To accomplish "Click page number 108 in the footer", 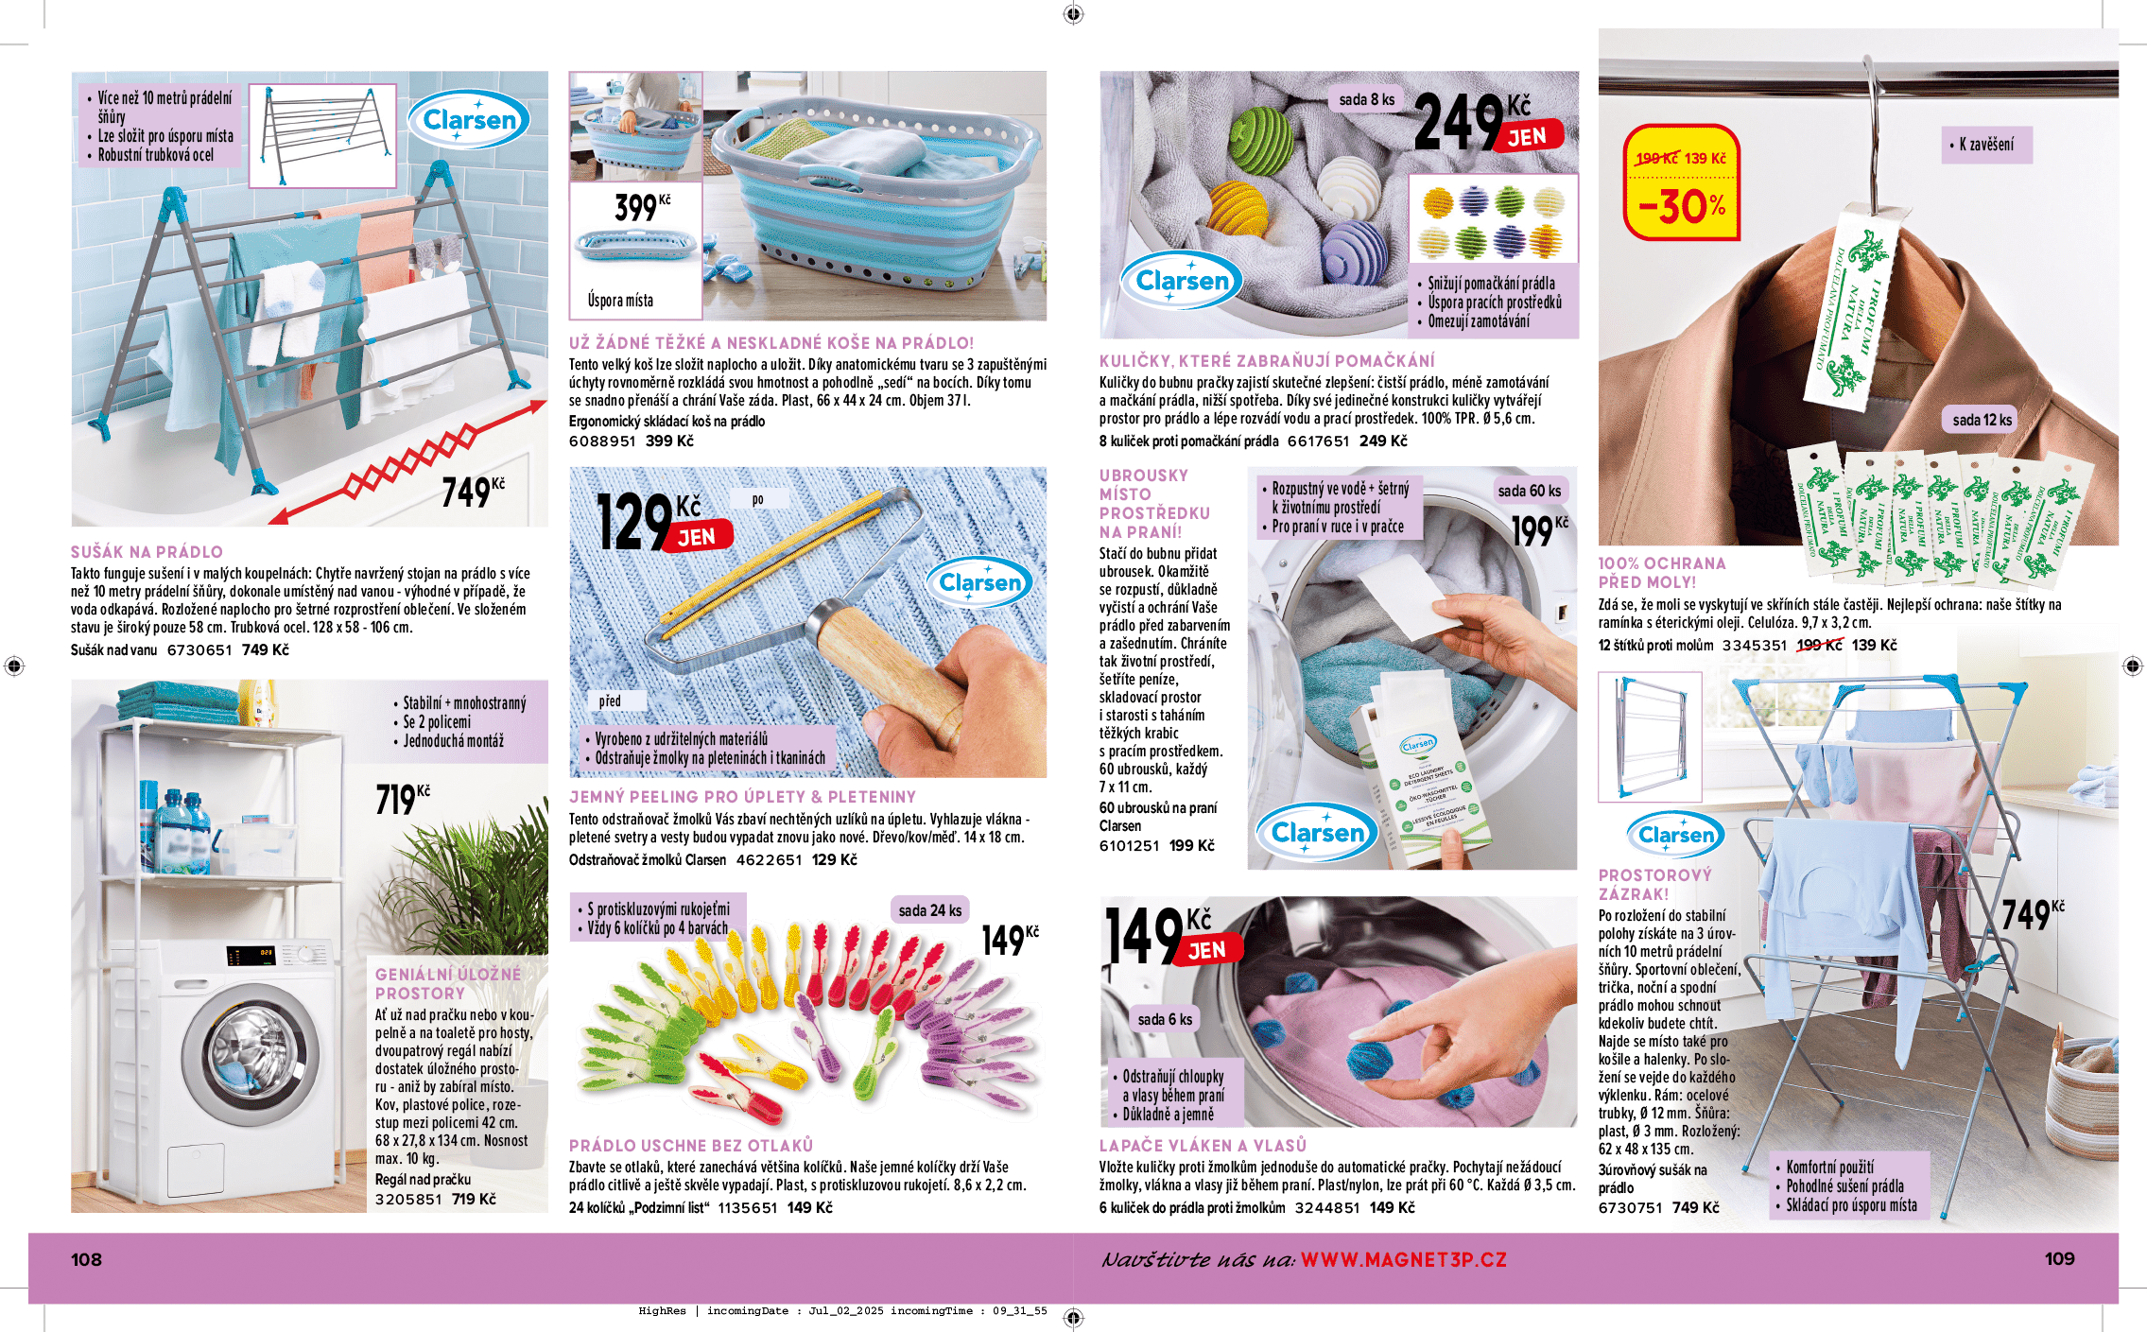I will point(86,1259).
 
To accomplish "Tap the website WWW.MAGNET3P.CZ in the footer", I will point(1403,1259).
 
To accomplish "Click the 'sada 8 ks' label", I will point(1366,99).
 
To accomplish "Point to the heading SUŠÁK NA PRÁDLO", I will point(147,551).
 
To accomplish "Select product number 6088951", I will point(601,441).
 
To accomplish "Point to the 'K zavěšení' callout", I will point(1986,145).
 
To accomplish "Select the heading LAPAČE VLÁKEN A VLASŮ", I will point(1203,1145).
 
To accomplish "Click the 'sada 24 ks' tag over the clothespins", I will point(929,910).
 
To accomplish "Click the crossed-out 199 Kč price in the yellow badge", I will point(1657,158).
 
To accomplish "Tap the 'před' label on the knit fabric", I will point(610,701).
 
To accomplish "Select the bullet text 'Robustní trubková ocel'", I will point(156,155).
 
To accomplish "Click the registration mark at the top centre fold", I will point(1073,13).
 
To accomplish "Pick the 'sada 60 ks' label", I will point(1529,490).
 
